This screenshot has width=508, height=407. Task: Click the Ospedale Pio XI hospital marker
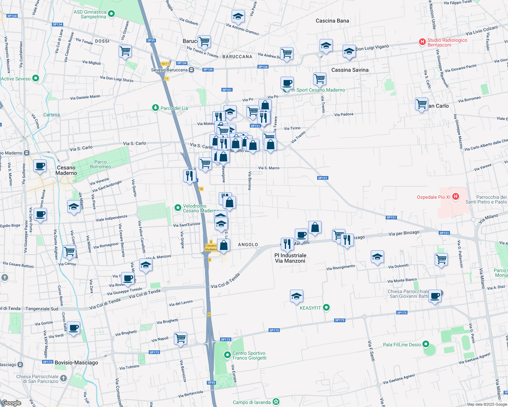point(456,197)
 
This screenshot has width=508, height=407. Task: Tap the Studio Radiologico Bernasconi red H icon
point(422,42)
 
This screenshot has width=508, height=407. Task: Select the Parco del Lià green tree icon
point(156,108)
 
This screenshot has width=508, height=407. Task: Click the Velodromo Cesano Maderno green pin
point(178,208)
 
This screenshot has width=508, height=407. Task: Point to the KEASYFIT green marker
point(326,308)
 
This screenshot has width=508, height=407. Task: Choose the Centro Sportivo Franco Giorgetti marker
point(227,355)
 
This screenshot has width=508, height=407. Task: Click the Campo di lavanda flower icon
point(276,402)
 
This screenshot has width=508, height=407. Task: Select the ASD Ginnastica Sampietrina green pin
point(111,14)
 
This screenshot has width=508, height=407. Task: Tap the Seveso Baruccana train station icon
point(192,70)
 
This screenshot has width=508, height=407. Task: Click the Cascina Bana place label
point(332,21)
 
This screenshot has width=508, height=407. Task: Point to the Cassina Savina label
point(350,70)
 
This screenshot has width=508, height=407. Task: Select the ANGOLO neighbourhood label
point(248,245)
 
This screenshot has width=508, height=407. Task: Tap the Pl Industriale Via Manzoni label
point(290,258)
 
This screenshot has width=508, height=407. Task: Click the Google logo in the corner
point(12,403)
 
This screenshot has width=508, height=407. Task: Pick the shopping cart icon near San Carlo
point(421,104)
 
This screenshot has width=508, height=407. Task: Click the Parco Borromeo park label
point(101,164)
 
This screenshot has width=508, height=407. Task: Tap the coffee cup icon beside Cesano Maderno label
point(40,166)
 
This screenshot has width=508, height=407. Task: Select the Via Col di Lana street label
point(59,41)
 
